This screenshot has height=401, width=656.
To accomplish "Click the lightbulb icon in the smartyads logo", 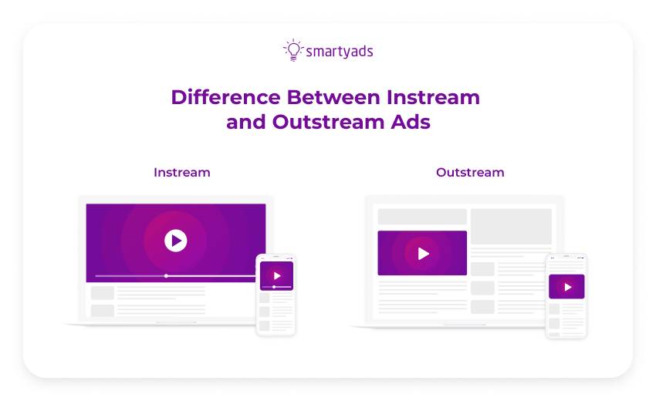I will coord(292,50).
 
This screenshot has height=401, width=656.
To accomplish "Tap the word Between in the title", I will coord(333,98).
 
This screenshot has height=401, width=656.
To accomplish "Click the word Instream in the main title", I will coord(433,98).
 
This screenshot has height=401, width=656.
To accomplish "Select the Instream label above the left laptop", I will coord(181,172).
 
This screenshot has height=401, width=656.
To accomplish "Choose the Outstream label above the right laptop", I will coord(470,172).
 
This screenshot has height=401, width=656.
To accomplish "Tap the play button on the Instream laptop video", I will coord(176,241).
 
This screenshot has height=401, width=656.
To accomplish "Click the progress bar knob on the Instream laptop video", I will coord(166,275).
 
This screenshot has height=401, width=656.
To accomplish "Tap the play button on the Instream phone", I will coord(276,275).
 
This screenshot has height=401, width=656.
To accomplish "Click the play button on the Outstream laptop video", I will coord(422,253).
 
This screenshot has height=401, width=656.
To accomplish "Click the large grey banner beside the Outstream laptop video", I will coord(511,226).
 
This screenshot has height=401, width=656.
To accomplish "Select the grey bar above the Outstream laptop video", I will coord(422,217).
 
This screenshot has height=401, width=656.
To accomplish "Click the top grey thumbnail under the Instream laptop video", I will coord(103,293).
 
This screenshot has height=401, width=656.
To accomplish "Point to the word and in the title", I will coord(245,123).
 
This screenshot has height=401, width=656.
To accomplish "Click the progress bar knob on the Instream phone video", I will coord(274,287).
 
